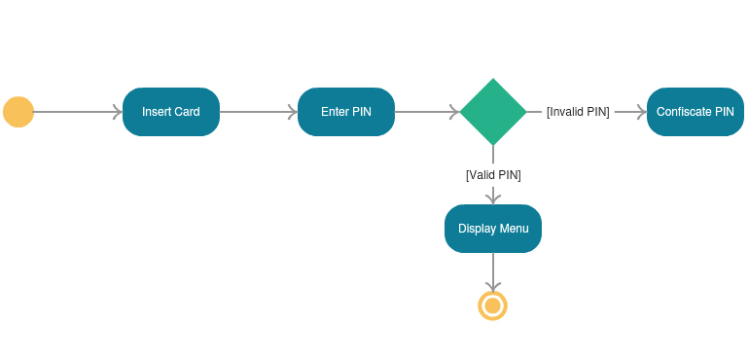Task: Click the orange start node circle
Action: [x=18, y=112]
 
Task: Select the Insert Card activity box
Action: [x=171, y=112]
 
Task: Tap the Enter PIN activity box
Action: [x=346, y=112]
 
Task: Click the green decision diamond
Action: [x=493, y=112]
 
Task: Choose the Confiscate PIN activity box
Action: [x=695, y=112]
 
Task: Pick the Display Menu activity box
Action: [x=493, y=229]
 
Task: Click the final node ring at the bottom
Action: [x=493, y=306]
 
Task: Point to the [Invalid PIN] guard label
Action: [x=578, y=112]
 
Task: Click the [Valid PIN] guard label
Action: [x=493, y=175]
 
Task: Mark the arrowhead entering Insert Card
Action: [x=118, y=112]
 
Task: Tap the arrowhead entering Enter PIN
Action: [x=293, y=112]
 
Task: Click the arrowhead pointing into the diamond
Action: [x=454, y=112]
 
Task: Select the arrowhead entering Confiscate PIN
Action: [x=642, y=112]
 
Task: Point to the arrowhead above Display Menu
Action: [x=493, y=198]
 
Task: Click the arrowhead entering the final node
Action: [x=493, y=286]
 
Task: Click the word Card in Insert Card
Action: [x=187, y=112]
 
